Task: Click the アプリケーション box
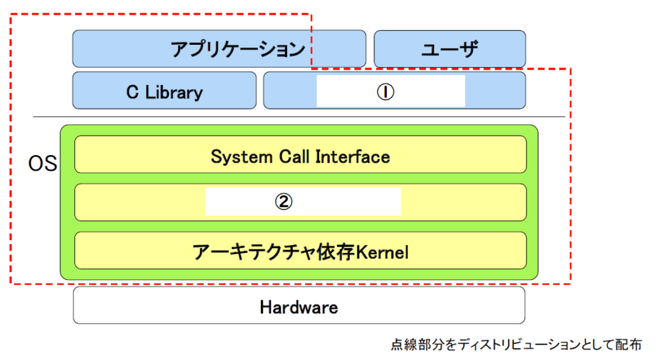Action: click(219, 49)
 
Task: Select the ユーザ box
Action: click(450, 49)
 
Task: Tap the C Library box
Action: click(165, 90)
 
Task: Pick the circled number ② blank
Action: click(303, 202)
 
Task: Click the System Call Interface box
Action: click(300, 154)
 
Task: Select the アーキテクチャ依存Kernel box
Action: click(300, 250)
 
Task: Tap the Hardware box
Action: click(299, 305)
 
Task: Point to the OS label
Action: click(42, 163)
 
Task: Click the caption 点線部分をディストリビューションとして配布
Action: click(516, 345)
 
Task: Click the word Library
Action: click(174, 93)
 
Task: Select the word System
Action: click(242, 158)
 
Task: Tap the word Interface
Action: click(353, 157)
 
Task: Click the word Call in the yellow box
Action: click(294, 157)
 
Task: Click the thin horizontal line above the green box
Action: click(299, 117)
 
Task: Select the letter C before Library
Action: click(132, 92)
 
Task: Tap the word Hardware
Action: click(299, 307)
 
